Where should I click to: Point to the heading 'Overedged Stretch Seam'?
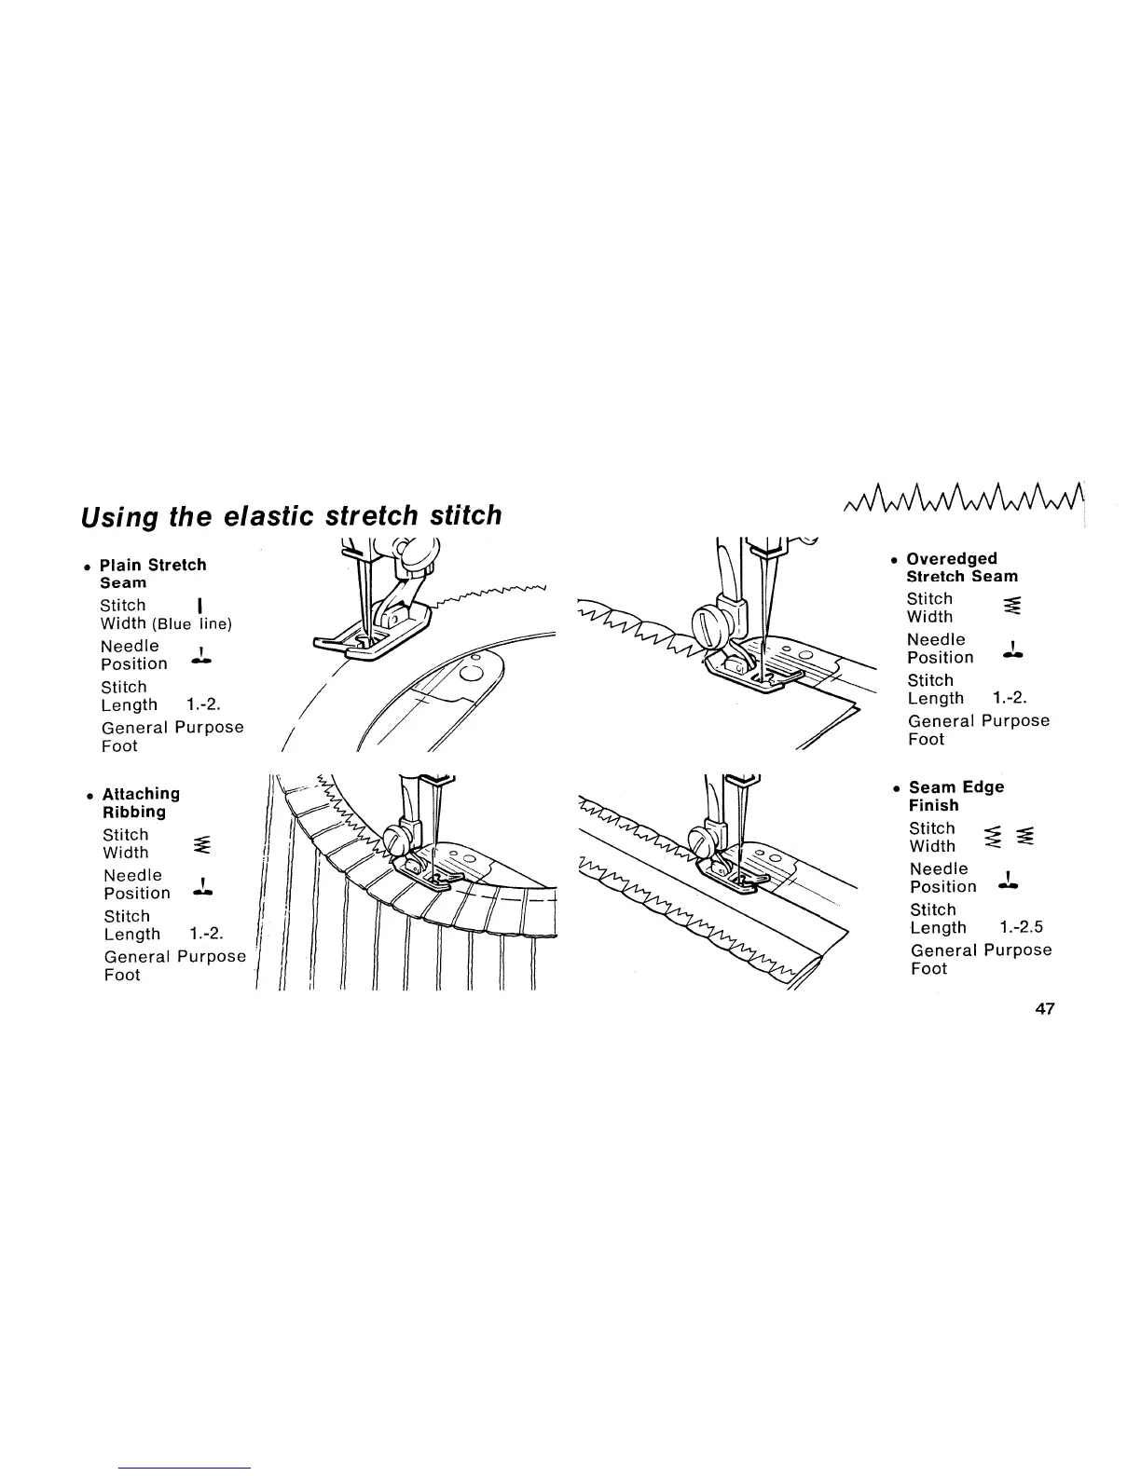click(x=961, y=567)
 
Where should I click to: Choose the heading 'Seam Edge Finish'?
click(x=955, y=796)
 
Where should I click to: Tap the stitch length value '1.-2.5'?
click(x=1020, y=927)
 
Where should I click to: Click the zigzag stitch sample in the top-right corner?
click(x=963, y=507)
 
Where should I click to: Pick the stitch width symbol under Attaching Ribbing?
click(x=199, y=845)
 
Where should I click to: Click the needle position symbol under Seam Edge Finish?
click(x=1010, y=879)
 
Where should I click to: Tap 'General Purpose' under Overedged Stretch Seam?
click(x=978, y=720)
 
